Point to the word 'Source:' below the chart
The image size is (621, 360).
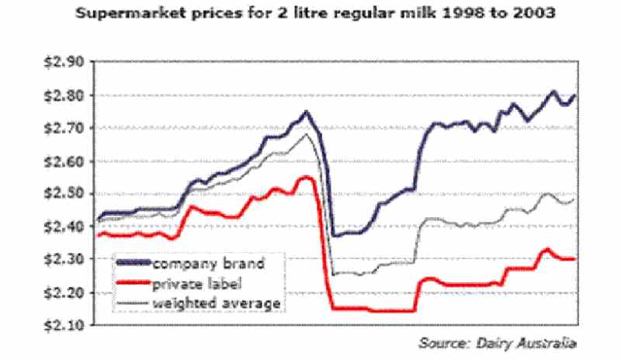[x=442, y=342]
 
